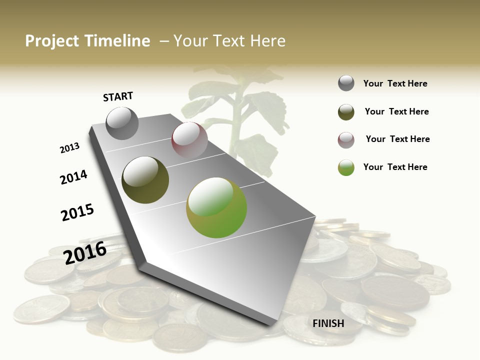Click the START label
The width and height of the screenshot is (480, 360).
[118, 96]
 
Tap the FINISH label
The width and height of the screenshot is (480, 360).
[328, 323]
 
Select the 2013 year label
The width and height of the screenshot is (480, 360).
[69, 148]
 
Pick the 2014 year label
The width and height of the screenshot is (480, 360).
[73, 177]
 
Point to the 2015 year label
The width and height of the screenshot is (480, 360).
[77, 212]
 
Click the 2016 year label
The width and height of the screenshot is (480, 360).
[85, 252]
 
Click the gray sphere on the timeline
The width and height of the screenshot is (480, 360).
[122, 123]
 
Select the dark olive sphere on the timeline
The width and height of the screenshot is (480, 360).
[145, 180]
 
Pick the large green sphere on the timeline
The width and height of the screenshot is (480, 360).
[216, 207]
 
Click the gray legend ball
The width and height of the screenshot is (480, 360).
[346, 83]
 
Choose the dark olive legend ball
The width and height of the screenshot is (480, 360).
[346, 112]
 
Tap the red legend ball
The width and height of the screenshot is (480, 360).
[346, 140]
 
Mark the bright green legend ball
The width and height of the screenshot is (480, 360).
[346, 167]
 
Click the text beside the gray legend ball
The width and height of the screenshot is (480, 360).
[395, 83]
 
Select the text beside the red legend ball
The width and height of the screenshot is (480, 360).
[397, 139]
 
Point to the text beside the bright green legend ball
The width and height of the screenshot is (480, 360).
[395, 167]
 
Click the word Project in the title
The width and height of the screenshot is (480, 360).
[52, 41]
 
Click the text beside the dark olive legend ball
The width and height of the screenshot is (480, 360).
[396, 111]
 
